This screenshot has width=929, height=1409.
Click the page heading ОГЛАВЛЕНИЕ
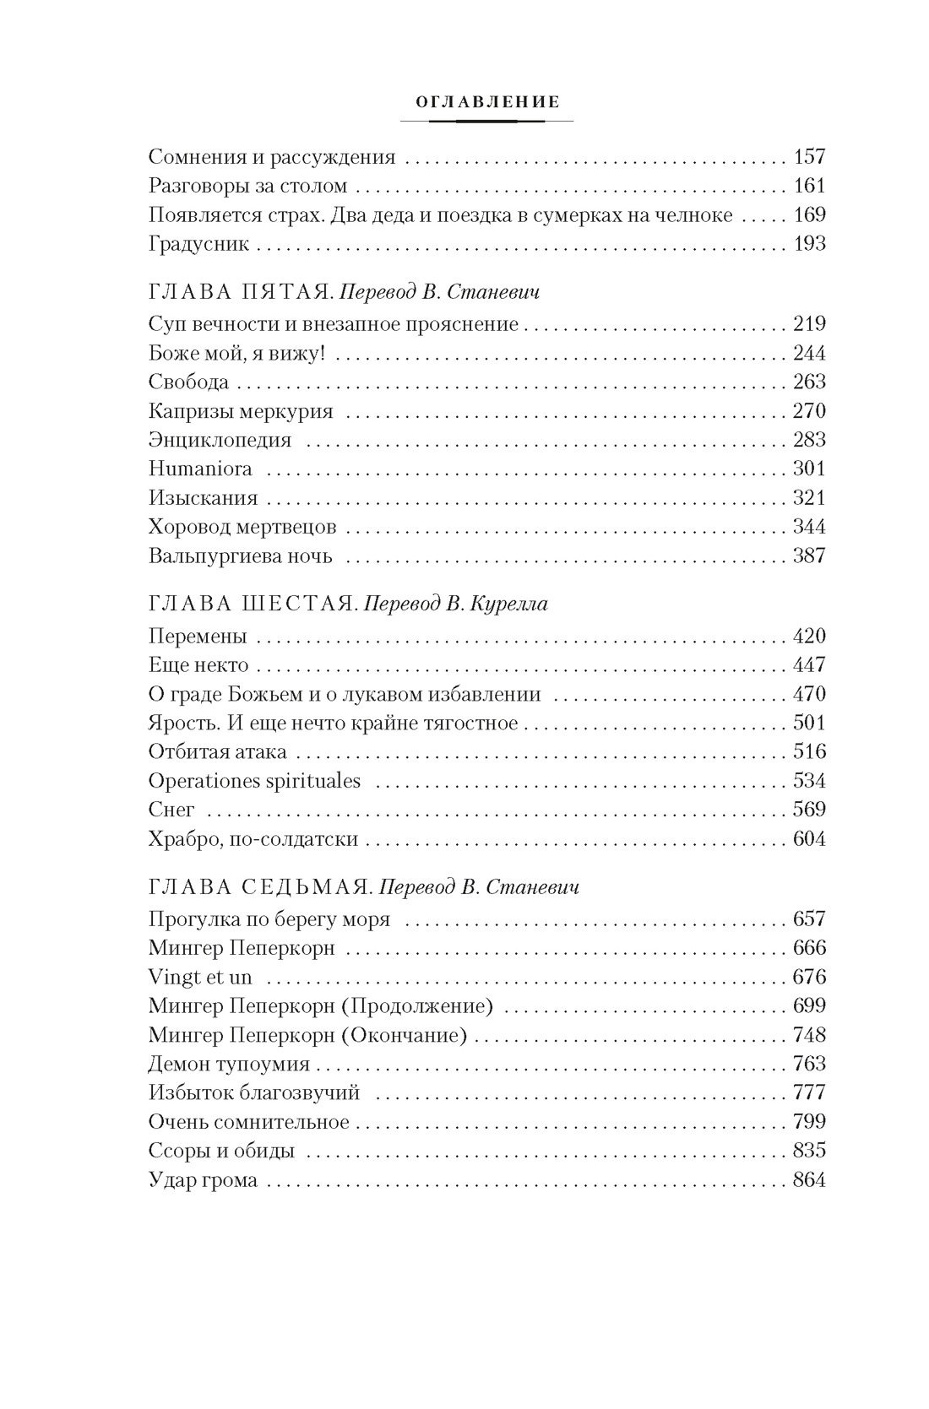[486, 102]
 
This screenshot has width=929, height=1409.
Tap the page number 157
[809, 157]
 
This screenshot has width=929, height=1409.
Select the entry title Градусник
[198, 245]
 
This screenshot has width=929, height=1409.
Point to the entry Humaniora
[199, 469]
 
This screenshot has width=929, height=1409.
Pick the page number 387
[809, 556]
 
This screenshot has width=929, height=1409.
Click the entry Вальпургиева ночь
[240, 556]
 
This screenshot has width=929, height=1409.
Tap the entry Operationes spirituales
[254, 781]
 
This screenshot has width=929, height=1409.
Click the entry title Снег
[171, 810]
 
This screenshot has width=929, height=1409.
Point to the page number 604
[809, 839]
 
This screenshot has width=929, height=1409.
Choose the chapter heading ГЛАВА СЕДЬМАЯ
[249, 887]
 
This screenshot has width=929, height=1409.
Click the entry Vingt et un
[199, 978]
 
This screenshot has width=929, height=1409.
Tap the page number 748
[809, 1035]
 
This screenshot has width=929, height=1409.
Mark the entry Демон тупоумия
[228, 1065]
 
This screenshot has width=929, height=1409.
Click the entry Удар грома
[203, 1180]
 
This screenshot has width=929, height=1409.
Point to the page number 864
[809, 1180]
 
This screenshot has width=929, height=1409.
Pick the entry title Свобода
[188, 382]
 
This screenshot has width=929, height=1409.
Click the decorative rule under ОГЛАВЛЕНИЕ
[486, 122]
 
